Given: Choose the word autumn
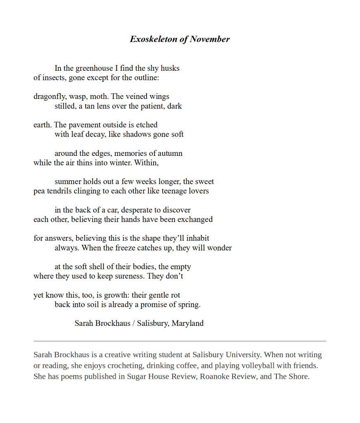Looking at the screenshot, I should pyautogui.click(x=169, y=153).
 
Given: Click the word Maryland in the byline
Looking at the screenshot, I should pyautogui.click(x=187, y=323).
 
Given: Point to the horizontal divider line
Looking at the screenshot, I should pyautogui.click(x=180, y=341).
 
